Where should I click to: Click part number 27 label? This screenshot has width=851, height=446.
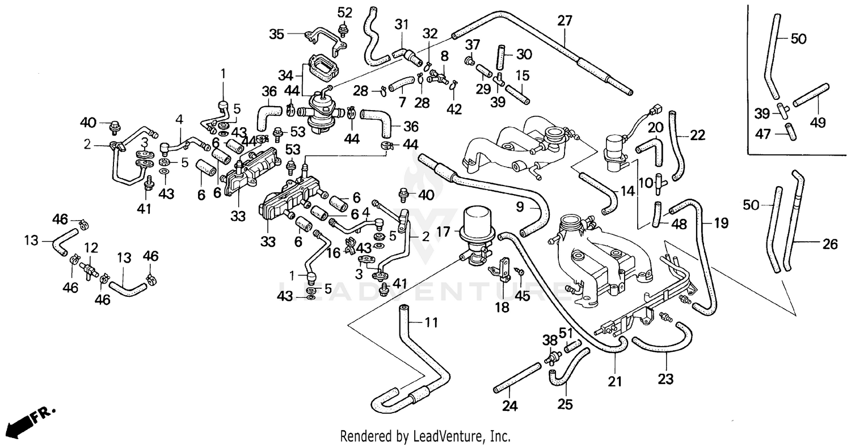pyautogui.click(x=565, y=22)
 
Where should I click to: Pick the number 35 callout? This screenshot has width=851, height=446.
pyautogui.click(x=276, y=33)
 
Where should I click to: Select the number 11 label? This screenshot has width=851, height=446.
pyautogui.click(x=432, y=323)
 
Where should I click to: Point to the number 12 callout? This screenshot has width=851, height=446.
pyautogui.click(x=91, y=247)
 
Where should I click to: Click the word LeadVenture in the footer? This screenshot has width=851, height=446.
pyautogui.click(x=460, y=436)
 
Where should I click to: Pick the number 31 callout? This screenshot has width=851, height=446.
pyautogui.click(x=402, y=24)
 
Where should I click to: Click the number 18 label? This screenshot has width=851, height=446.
pyautogui.click(x=502, y=308)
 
